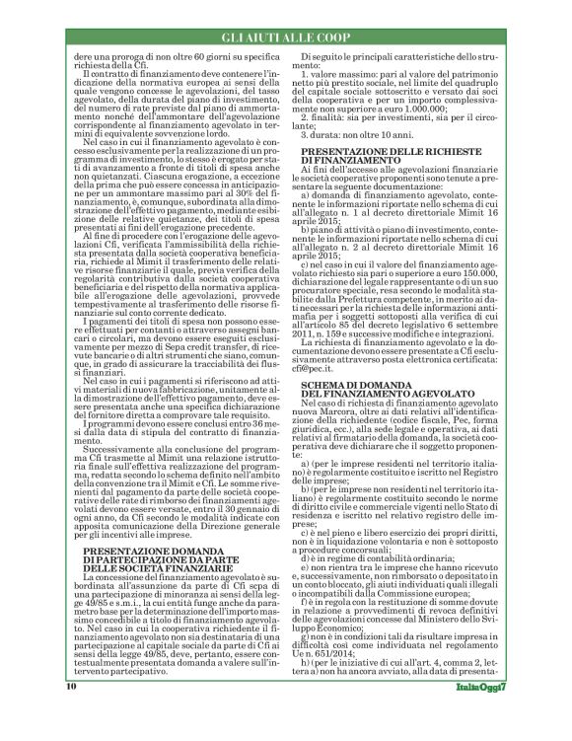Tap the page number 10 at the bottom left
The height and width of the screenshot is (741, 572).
pyautogui.click(x=72, y=714)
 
